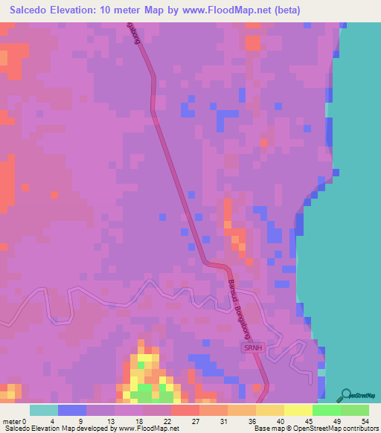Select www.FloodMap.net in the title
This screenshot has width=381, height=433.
(x=207, y=10)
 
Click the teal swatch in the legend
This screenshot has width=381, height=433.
(x=43, y=410)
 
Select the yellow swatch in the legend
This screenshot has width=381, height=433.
(x=298, y=410)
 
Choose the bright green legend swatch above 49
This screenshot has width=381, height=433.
(x=326, y=410)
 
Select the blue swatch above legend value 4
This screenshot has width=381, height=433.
(x=71, y=410)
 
